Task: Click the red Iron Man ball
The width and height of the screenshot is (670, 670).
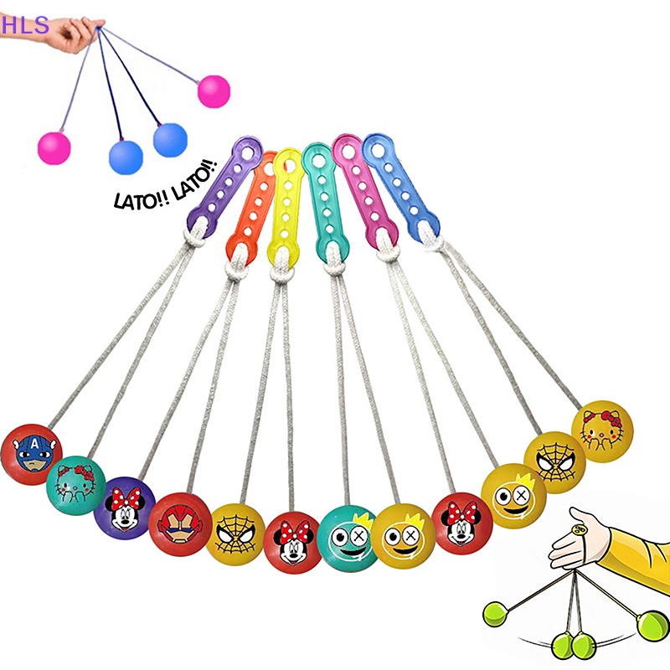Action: tap(178, 523)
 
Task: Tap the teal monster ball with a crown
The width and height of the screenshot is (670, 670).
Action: tap(347, 537)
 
